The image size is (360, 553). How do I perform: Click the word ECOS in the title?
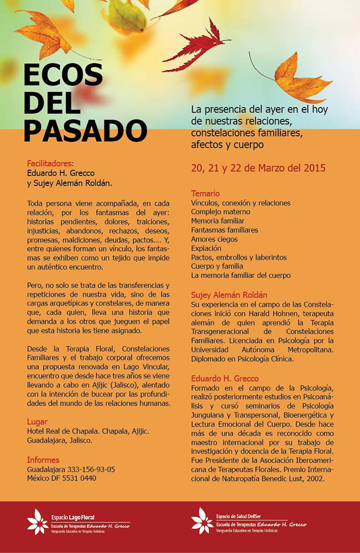(63, 74)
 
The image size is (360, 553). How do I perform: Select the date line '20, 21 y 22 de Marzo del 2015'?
(258, 167)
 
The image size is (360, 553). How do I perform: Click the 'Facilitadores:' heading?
(50, 163)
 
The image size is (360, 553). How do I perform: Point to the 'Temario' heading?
(205, 193)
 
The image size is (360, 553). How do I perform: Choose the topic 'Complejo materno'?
(220, 212)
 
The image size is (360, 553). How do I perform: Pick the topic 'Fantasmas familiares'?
(224, 230)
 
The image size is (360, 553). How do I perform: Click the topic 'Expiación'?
(207, 248)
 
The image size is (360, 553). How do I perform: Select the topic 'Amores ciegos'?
(214, 239)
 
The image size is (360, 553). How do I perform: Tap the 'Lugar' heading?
(37, 422)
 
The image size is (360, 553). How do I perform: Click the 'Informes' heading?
(43, 460)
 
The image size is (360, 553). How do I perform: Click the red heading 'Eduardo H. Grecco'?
(225, 378)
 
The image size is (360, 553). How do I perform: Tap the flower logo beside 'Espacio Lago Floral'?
(38, 521)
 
